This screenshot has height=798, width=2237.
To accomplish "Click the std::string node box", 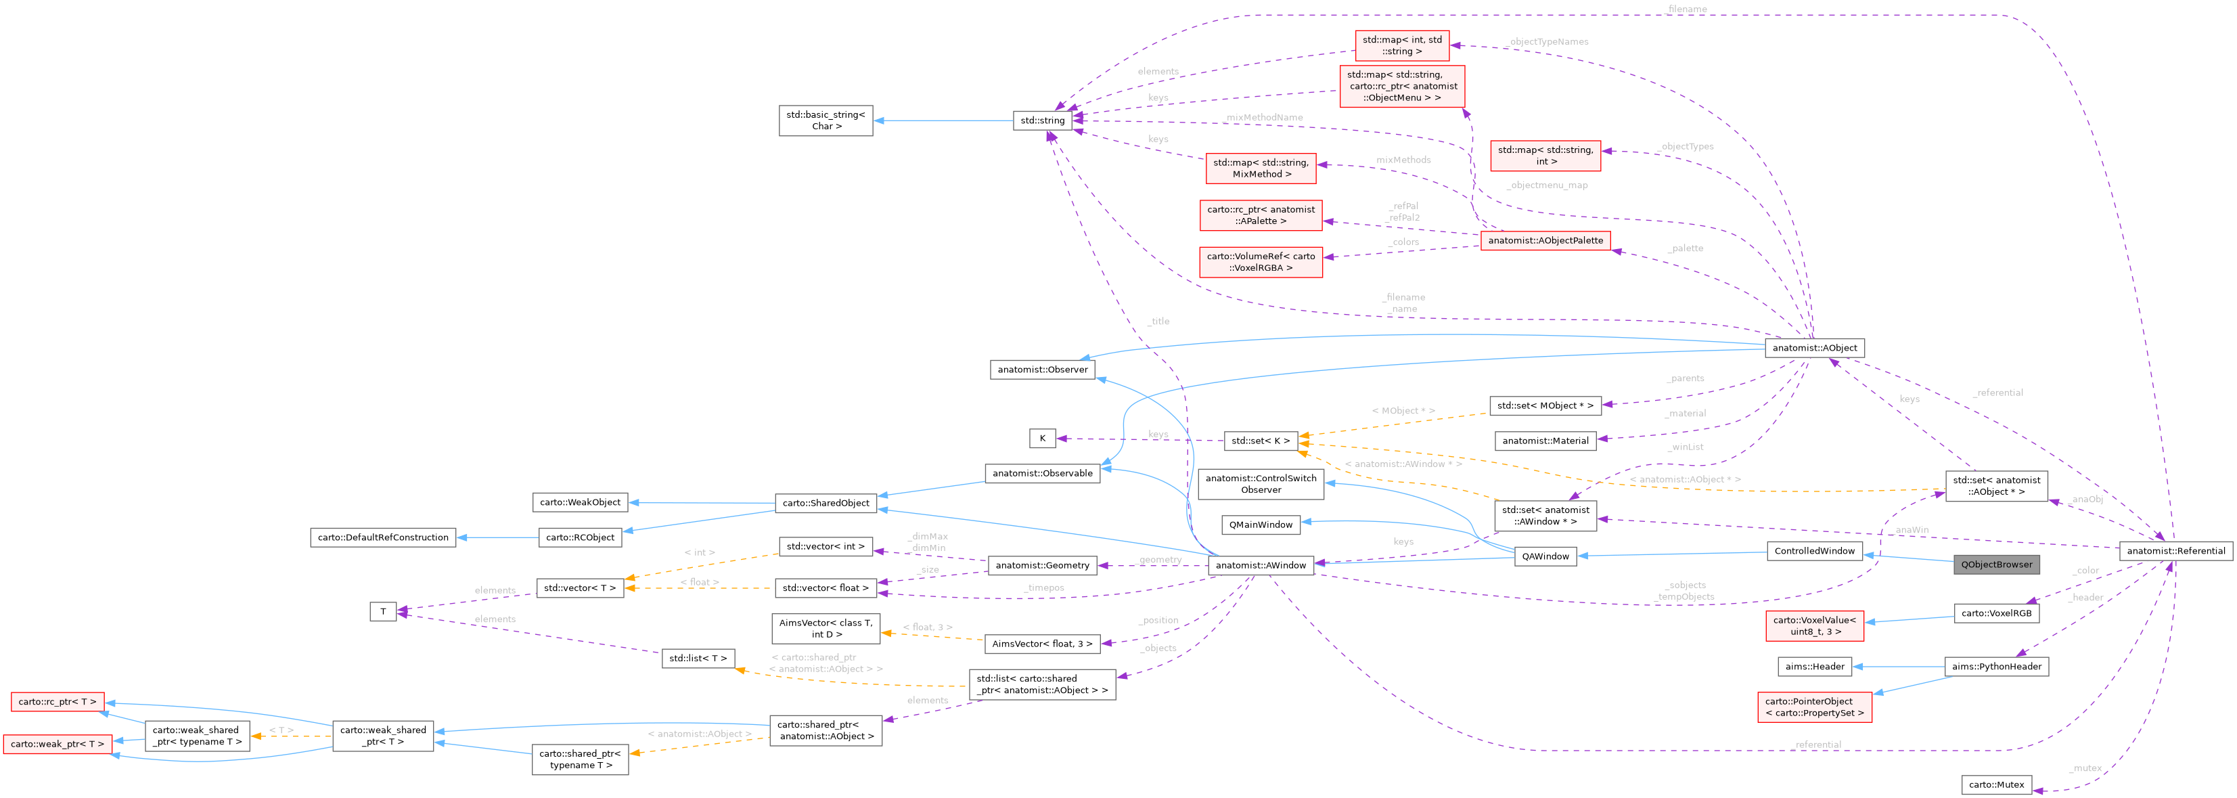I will (x=1042, y=120).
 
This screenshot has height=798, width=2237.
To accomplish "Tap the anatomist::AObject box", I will (x=1814, y=348).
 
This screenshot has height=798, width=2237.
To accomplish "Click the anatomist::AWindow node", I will (x=1260, y=565).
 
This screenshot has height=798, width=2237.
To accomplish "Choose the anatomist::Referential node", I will (x=2175, y=550).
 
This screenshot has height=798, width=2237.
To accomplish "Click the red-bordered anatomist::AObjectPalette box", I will (x=1545, y=240).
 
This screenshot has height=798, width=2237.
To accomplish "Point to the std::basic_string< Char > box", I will (x=825, y=120).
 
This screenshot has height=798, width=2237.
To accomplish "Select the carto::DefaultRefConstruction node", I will (x=383, y=537).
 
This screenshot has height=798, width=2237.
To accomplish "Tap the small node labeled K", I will (x=1042, y=439).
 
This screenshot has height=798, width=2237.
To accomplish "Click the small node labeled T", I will (x=383, y=612).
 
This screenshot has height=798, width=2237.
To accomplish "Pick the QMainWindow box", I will (x=1260, y=525).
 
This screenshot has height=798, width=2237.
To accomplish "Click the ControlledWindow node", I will (x=1814, y=550).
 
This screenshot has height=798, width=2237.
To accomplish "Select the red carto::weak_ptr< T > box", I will (x=58, y=744).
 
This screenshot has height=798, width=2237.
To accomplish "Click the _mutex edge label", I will (x=2084, y=768).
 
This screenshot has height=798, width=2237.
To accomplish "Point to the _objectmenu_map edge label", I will (x=1547, y=185).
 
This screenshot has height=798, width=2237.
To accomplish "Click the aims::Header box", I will (x=1814, y=667).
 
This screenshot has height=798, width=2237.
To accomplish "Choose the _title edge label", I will (x=1158, y=322).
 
